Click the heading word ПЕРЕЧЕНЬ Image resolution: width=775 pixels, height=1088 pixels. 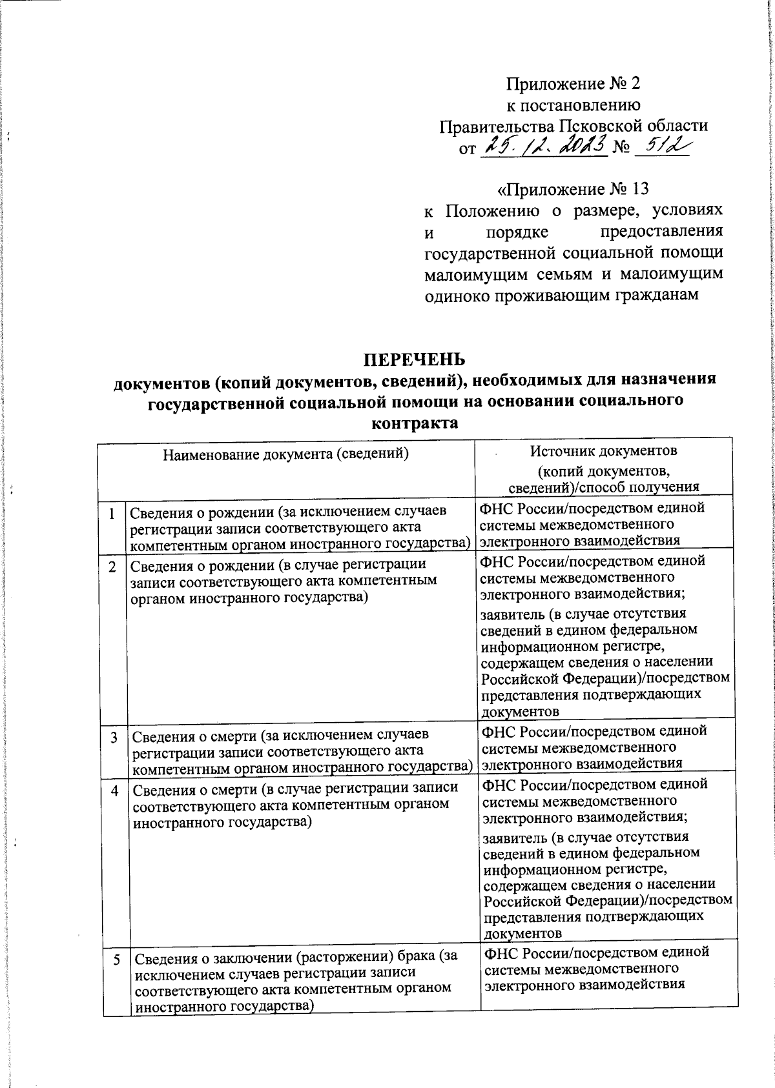click(413, 359)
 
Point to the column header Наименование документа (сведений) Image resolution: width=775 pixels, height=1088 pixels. click(286, 453)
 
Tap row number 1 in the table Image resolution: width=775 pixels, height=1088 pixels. click(112, 514)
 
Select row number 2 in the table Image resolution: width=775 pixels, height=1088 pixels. click(112, 567)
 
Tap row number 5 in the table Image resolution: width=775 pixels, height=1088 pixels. click(117, 960)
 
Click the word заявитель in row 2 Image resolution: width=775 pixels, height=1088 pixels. click(513, 614)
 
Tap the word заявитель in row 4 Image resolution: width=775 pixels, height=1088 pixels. click(516, 838)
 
